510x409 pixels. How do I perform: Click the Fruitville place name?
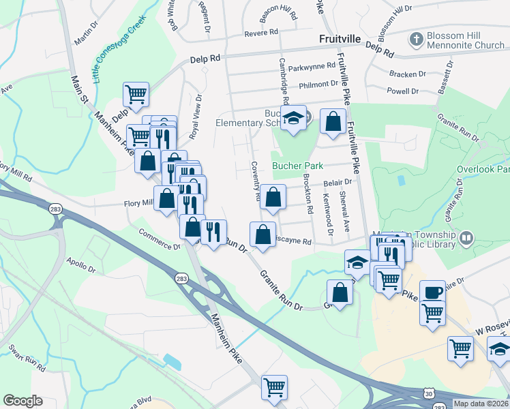click(339, 40)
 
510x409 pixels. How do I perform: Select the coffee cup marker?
click(432, 292)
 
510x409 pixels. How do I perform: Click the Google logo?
click(22, 401)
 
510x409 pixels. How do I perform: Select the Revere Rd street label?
click(263, 32)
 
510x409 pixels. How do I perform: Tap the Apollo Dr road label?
click(81, 263)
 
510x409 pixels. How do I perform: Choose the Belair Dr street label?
click(337, 183)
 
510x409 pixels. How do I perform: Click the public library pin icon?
click(466, 238)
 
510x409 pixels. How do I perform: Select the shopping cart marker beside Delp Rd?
click(136, 95)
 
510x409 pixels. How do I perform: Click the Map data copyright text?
click(481, 404)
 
